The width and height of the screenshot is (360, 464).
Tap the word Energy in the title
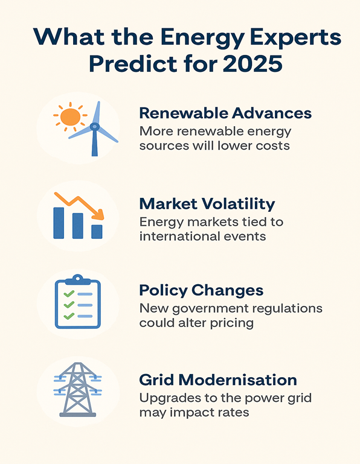(x=203, y=37)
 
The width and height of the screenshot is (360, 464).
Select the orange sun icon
(x=70, y=117)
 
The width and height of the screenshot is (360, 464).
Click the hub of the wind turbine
(x=94, y=127)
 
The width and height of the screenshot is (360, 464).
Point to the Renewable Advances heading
(x=225, y=113)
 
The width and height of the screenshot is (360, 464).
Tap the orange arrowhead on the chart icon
(x=98, y=214)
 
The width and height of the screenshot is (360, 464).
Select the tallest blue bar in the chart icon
(x=59, y=223)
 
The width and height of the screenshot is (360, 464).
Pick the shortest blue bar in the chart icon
(x=97, y=232)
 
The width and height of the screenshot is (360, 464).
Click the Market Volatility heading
(x=207, y=204)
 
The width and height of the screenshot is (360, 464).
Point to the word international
(x=180, y=237)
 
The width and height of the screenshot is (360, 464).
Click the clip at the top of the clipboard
(x=78, y=279)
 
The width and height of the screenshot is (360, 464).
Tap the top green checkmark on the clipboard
(x=69, y=294)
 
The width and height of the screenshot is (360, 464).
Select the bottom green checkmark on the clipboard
(x=69, y=316)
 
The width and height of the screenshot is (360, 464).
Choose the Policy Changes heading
(x=201, y=291)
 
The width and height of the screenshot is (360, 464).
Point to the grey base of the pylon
(x=78, y=415)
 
